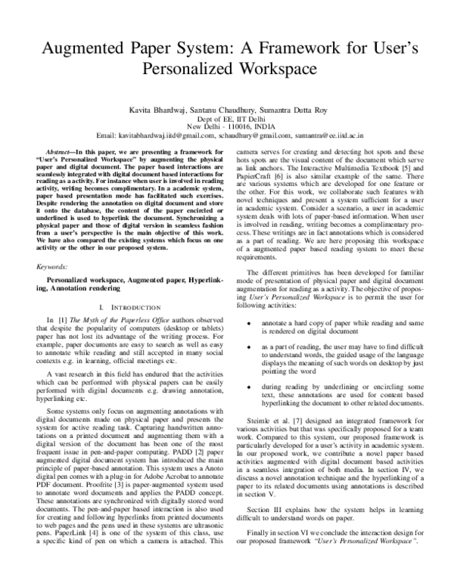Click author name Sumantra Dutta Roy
coord(285,110)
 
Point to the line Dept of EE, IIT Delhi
coord(227,120)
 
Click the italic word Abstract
coord(59,152)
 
